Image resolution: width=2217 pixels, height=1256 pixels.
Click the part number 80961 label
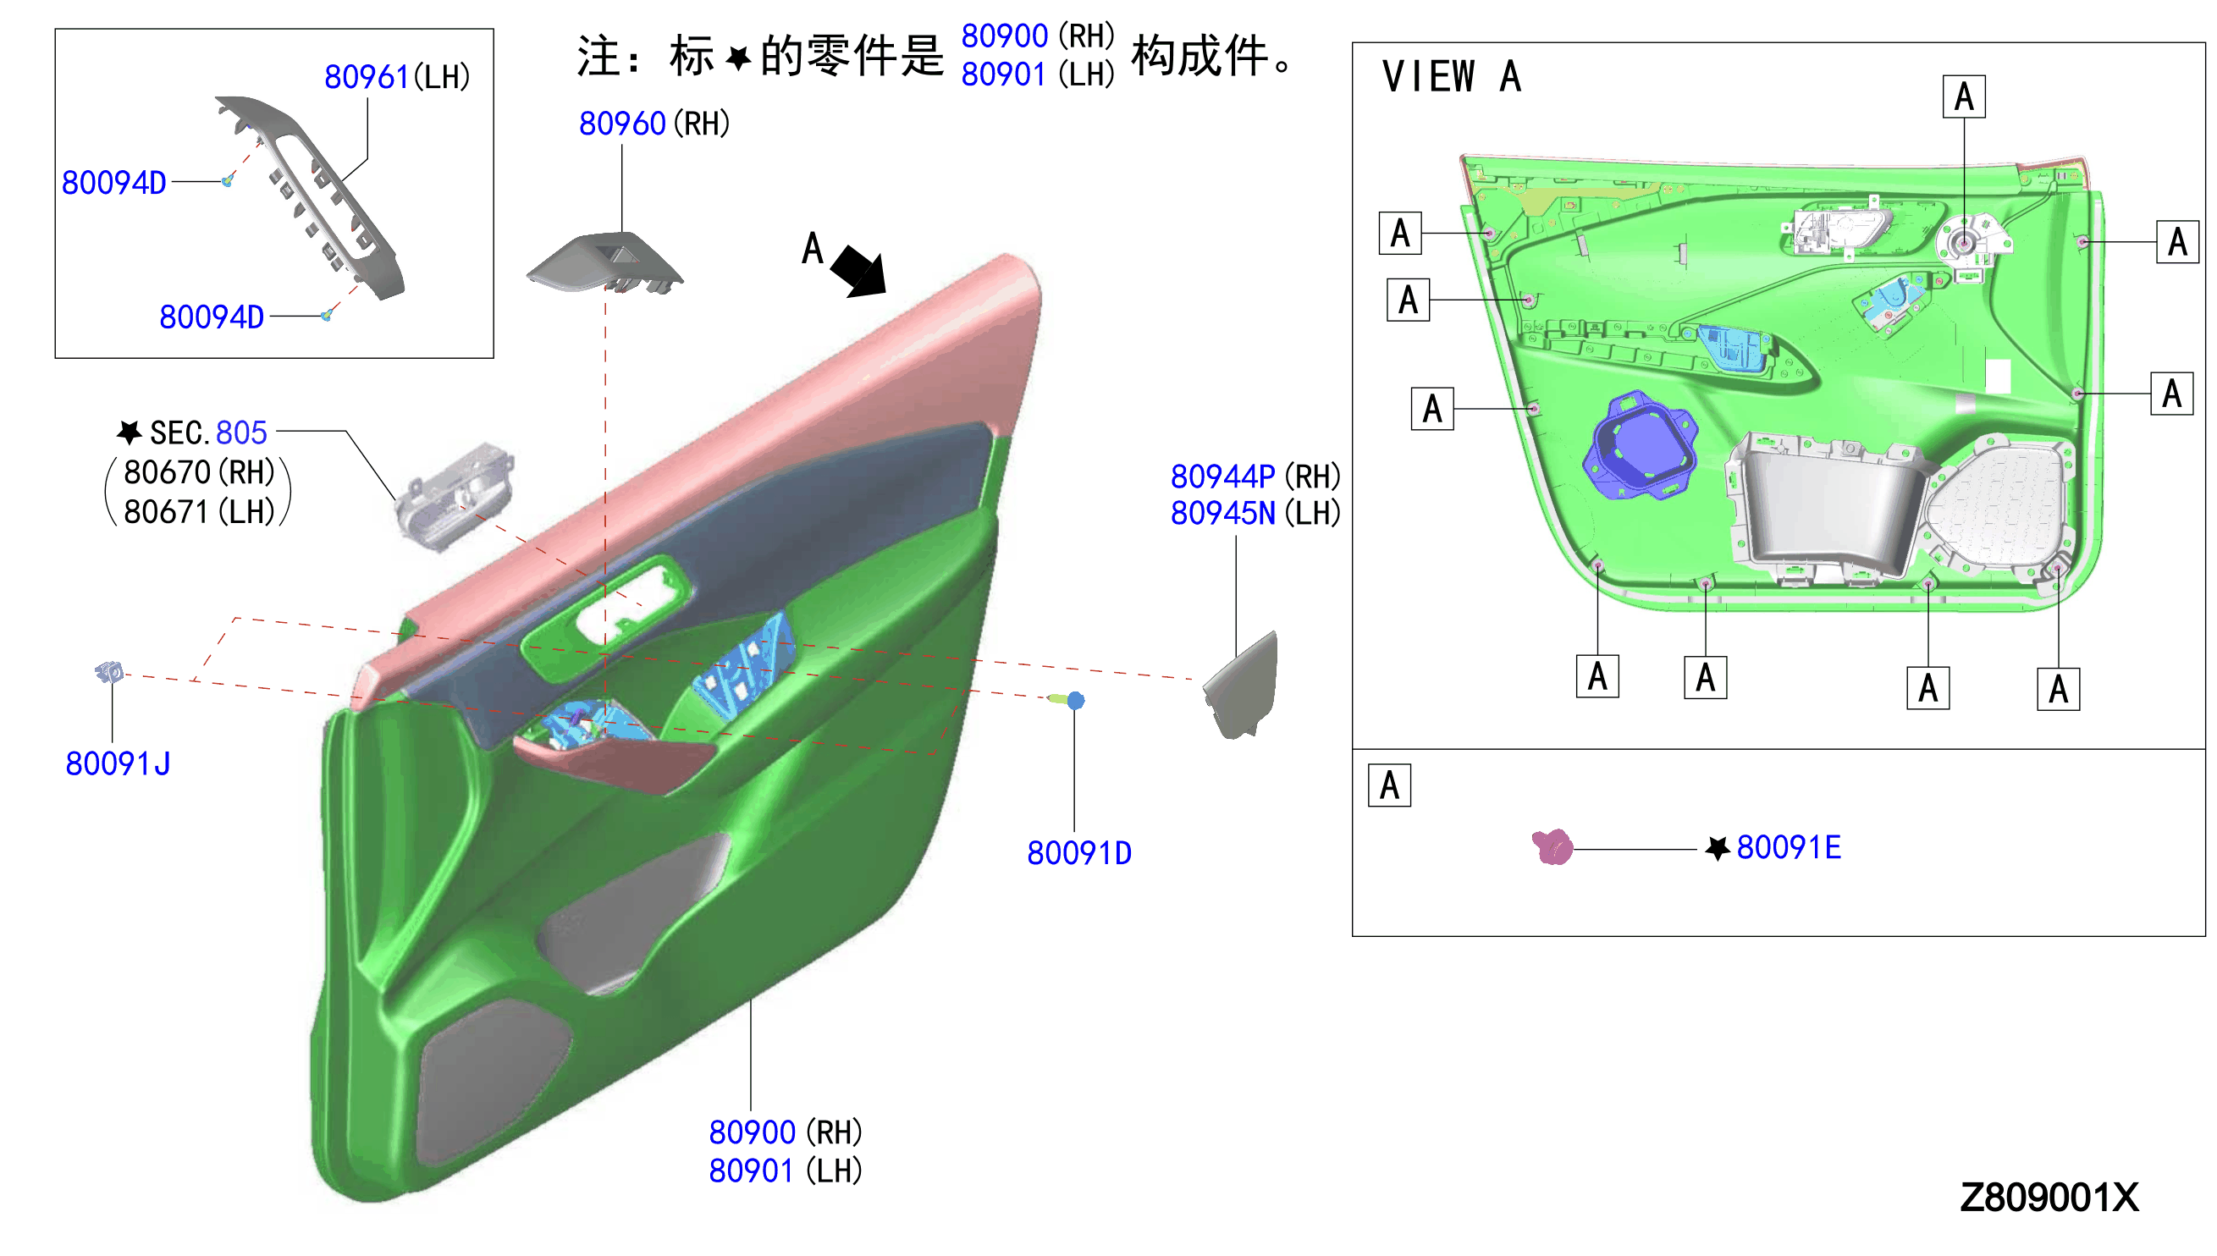(x=365, y=77)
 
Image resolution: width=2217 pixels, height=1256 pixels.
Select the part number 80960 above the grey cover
(x=621, y=124)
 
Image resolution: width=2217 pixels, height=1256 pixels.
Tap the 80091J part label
(x=118, y=763)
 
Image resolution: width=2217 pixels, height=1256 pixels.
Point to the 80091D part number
(x=1078, y=853)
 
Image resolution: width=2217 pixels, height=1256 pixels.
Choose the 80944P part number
(x=1222, y=477)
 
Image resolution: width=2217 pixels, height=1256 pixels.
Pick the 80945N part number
(x=1222, y=513)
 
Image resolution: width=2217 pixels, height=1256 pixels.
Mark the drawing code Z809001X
(x=2048, y=1198)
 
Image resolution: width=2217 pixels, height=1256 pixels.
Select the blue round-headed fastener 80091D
(x=1068, y=700)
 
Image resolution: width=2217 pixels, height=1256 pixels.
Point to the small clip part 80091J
(x=109, y=671)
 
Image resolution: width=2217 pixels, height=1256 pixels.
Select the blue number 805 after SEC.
(x=240, y=432)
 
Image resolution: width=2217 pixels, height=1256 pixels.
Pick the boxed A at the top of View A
(x=1962, y=96)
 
